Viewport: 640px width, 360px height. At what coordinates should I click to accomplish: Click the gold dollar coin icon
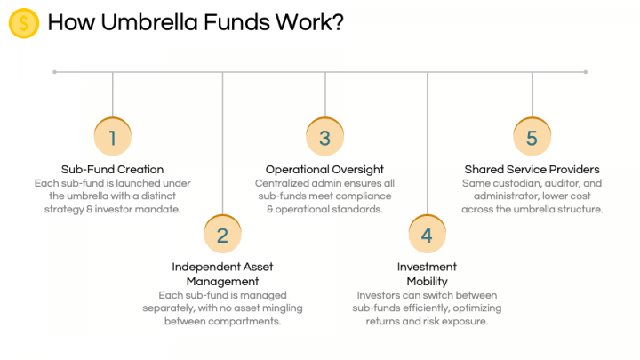[24, 23]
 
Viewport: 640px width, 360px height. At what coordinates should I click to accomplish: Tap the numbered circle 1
[113, 137]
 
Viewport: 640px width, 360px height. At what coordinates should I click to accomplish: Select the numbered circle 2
[222, 235]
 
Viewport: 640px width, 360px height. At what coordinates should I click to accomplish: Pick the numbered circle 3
[325, 137]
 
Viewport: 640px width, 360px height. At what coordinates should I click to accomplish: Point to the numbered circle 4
[427, 235]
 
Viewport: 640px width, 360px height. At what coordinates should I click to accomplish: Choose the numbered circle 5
[532, 137]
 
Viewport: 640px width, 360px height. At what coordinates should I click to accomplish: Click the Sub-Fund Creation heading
[112, 170]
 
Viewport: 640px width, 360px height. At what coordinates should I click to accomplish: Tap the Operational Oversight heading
[324, 170]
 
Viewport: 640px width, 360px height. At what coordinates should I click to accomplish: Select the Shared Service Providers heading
[532, 170]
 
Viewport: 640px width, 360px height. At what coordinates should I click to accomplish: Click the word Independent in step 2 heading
[205, 267]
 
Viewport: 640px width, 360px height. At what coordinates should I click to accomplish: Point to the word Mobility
[427, 282]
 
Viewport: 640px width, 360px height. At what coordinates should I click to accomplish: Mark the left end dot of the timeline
[55, 72]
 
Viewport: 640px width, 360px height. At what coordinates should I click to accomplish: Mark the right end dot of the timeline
[585, 72]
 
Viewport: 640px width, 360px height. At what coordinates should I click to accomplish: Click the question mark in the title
[338, 22]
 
